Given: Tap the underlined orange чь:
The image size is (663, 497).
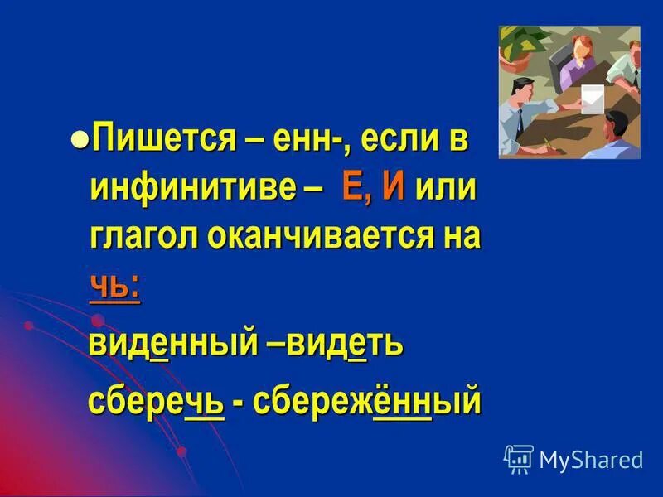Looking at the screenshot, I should pyautogui.click(x=114, y=285).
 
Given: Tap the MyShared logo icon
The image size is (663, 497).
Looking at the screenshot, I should pyautogui.click(x=518, y=458).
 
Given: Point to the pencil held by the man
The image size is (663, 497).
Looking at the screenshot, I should pyautogui.click(x=546, y=142).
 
